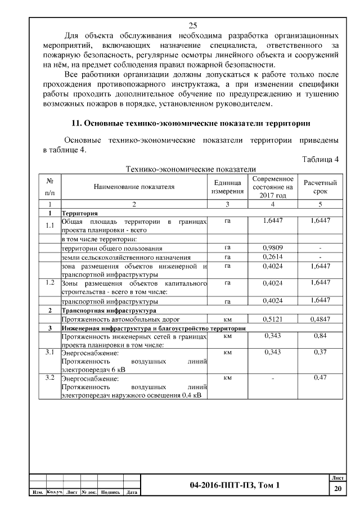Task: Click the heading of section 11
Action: click(x=191, y=123)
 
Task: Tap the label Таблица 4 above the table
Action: click(x=320, y=159)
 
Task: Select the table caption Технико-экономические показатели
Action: click(x=191, y=168)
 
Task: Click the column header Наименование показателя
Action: click(x=134, y=187)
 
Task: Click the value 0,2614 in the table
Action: click(x=273, y=256)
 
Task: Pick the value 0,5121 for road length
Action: click(x=273, y=318)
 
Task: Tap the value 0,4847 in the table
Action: click(x=319, y=318)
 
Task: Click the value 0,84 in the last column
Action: click(x=319, y=336)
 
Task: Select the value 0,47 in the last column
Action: click(x=319, y=377)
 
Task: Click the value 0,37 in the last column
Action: click(x=319, y=353)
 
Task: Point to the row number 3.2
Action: click(x=49, y=377)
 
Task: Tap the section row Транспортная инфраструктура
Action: click(x=101, y=310)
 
